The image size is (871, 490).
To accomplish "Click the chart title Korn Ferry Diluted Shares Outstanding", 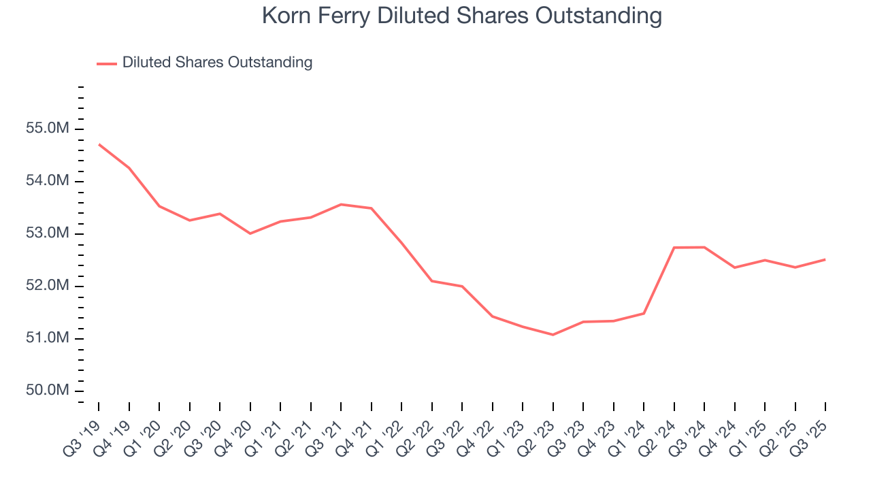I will pyautogui.click(x=461, y=16).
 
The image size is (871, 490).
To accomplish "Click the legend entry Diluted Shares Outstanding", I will pyautogui.click(x=217, y=63).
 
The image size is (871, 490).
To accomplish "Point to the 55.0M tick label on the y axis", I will pyautogui.click(x=48, y=129).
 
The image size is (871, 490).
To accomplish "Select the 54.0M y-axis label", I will pyautogui.click(x=48, y=181).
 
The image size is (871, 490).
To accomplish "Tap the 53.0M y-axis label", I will pyautogui.click(x=48, y=233).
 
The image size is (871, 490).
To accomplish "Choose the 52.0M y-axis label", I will pyautogui.click(x=48, y=286).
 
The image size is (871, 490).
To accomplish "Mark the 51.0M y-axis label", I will pyautogui.click(x=48, y=338).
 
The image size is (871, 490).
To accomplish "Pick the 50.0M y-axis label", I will pyautogui.click(x=48, y=391).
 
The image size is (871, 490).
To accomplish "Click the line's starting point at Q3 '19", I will pyautogui.click(x=99, y=144).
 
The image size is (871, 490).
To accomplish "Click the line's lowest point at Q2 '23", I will pyautogui.click(x=553, y=335).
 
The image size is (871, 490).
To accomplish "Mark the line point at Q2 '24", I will pyautogui.click(x=674, y=248).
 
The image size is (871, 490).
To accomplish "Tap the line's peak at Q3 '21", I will pyautogui.click(x=341, y=204).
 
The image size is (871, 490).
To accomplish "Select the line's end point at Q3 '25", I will pyautogui.click(x=825, y=259).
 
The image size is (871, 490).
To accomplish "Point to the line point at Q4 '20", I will pyautogui.click(x=250, y=233).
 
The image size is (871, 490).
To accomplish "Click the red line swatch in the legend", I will pyautogui.click(x=107, y=63).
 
